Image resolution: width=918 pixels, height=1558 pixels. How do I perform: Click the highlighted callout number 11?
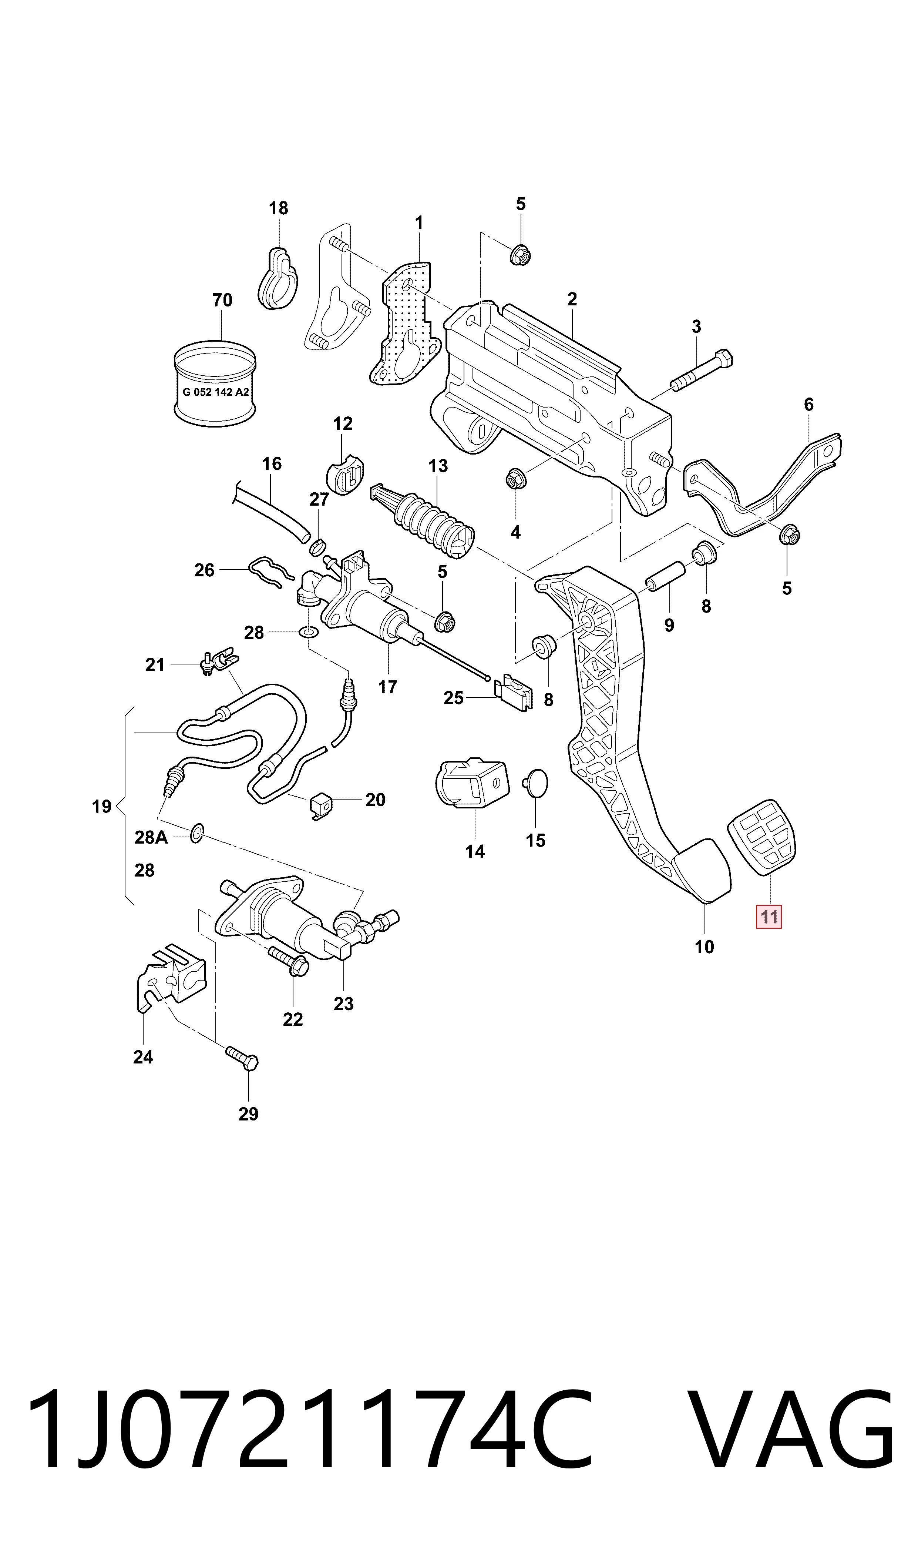[769, 917]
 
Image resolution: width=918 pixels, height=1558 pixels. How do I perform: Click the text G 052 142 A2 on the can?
[216, 392]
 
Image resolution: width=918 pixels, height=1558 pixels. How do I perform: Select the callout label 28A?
[152, 838]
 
